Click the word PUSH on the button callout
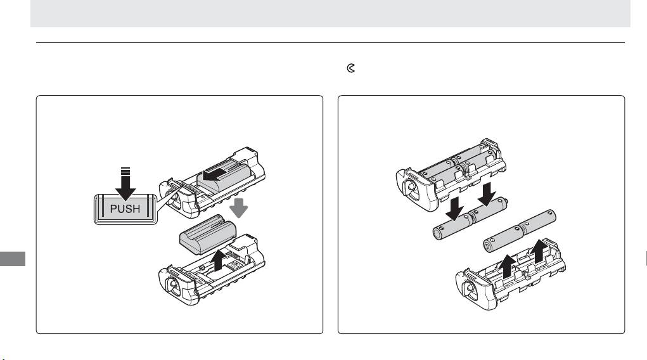click(125, 209)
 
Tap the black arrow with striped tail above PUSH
click(125, 184)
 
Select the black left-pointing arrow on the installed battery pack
click(215, 174)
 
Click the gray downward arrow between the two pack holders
click(238, 208)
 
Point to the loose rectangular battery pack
click(208, 234)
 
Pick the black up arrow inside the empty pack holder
click(218, 260)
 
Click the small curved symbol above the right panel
click(350, 68)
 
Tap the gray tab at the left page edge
click(13, 259)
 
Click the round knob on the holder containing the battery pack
click(173, 201)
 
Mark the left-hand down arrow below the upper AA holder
click(455, 209)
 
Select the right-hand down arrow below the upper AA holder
click(487, 194)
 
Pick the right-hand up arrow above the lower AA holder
click(539, 252)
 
